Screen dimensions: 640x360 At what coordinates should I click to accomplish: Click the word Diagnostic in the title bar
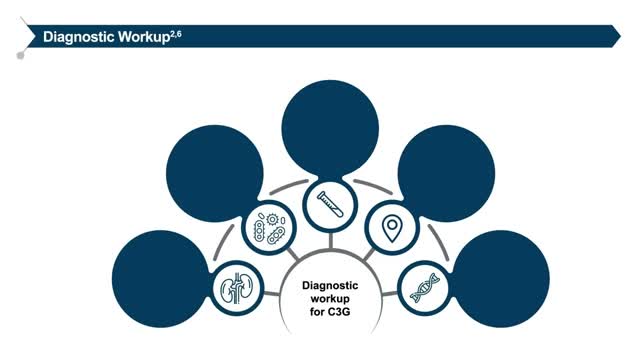pyautogui.click(x=75, y=37)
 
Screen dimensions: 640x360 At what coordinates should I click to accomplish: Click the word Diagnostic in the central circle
pyautogui.click(x=329, y=284)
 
